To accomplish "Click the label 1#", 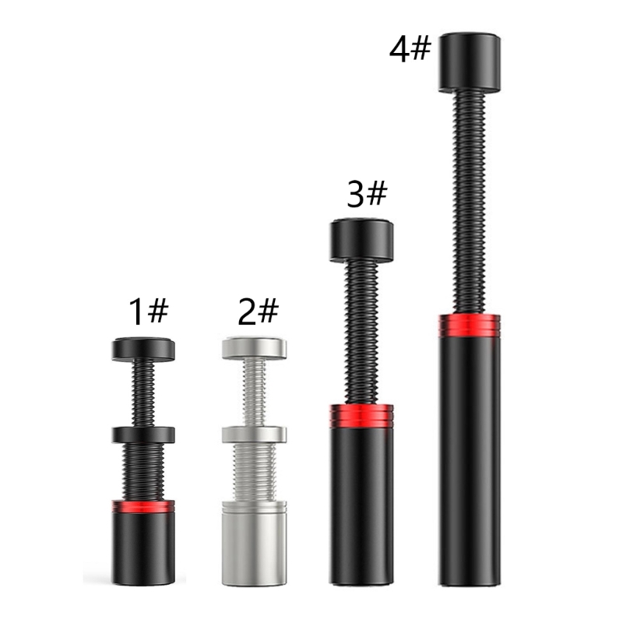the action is coord(149,311).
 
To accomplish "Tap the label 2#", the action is coord(258,311).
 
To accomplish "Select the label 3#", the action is coord(367,193).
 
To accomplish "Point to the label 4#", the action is coord(410,49).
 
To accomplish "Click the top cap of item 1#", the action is coord(143,349).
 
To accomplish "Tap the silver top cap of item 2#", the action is coord(255,349).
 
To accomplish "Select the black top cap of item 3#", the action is coord(361,240).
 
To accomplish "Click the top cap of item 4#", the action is coord(470,63).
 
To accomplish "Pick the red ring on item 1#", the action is coord(143,505).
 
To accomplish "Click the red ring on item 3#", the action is coord(361,416).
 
